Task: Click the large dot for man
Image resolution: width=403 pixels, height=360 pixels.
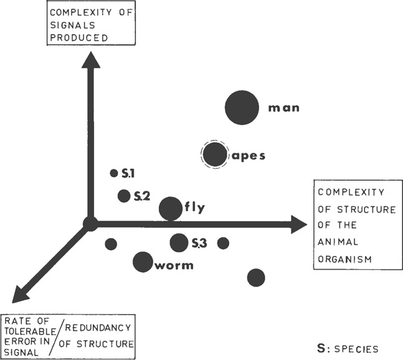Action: tap(241, 107)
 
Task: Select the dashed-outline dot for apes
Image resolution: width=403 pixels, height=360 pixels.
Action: tap(214, 154)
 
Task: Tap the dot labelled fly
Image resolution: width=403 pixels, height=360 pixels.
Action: tap(170, 208)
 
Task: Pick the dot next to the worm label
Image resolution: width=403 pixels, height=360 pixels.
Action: tap(143, 262)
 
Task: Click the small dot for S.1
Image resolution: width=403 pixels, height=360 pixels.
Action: tap(114, 173)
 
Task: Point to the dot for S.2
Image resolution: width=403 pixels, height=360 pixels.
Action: tap(124, 196)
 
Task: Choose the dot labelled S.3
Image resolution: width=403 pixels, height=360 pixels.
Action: tap(179, 243)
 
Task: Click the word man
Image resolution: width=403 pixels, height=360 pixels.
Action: tap(283, 108)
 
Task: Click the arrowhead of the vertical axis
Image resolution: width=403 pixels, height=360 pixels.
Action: tap(91, 59)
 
